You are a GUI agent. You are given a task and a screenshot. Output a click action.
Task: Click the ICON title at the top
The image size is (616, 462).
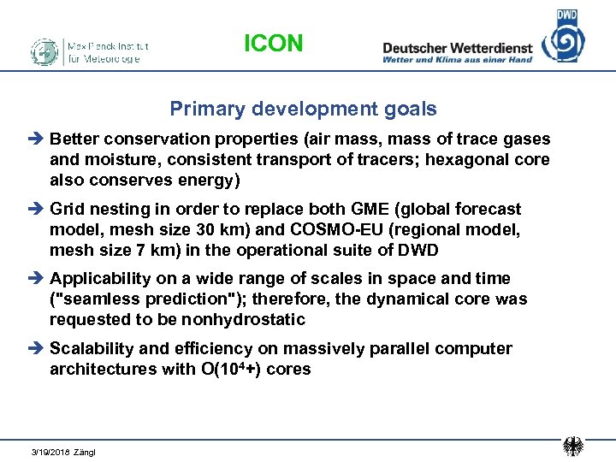[273, 44]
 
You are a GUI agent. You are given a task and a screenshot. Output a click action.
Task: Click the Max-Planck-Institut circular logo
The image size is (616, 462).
[44, 51]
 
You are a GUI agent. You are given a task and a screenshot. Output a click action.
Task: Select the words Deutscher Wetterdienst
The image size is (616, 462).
[458, 48]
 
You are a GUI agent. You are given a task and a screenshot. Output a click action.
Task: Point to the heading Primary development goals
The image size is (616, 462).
[303, 110]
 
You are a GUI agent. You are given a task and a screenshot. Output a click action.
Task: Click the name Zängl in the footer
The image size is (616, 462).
[86, 452]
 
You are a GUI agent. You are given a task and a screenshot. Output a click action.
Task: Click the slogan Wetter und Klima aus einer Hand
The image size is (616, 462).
[458, 60]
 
